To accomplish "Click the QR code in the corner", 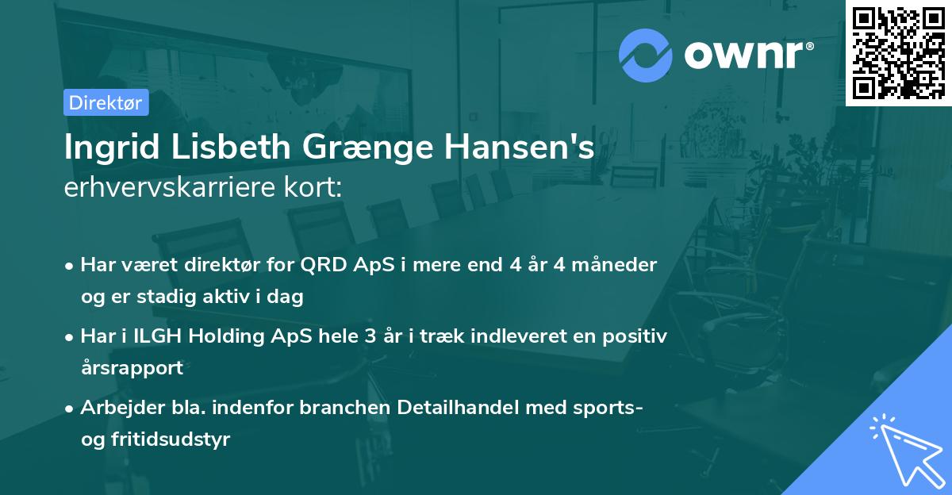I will (898, 52).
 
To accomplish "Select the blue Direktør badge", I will (106, 102).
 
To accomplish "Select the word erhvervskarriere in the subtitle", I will (166, 188).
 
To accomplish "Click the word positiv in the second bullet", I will (634, 336).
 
